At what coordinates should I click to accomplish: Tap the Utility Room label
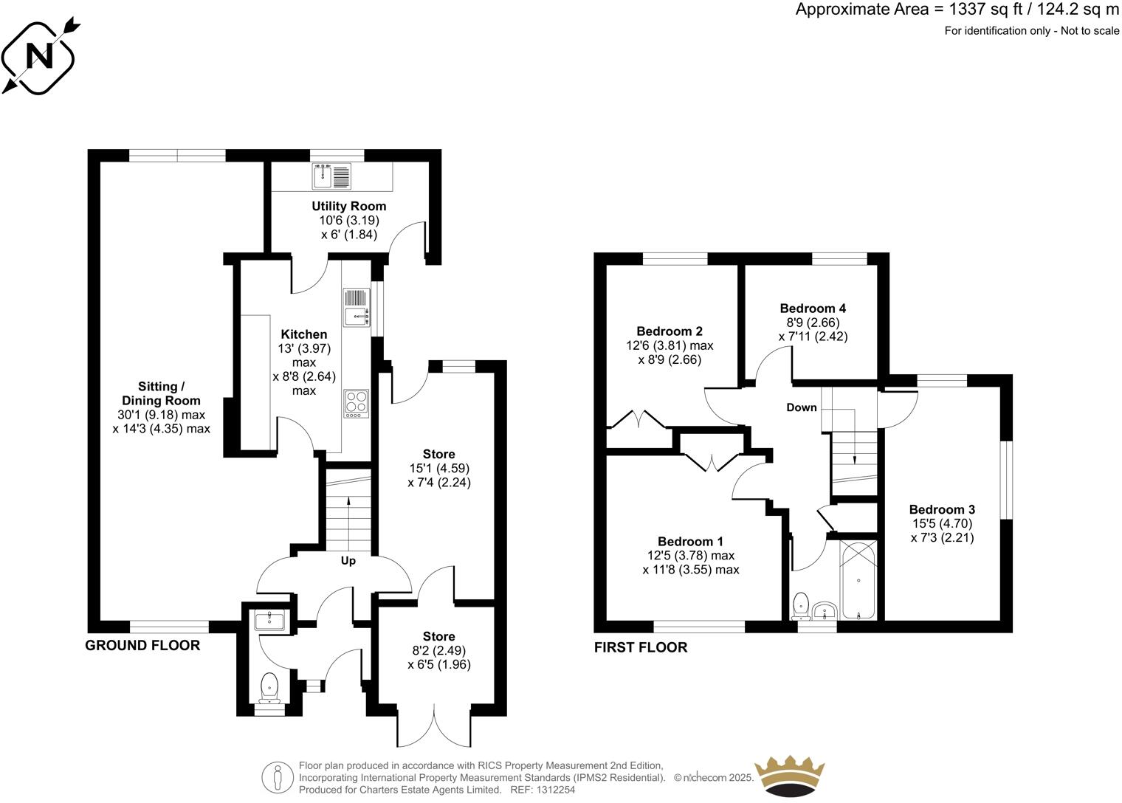348,206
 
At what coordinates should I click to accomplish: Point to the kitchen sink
356,306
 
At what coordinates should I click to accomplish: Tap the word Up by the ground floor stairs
348,561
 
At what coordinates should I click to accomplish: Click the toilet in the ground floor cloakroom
269,687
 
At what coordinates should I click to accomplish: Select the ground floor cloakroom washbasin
269,620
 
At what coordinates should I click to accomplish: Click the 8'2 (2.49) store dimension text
438,650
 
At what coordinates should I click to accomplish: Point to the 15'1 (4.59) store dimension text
438,468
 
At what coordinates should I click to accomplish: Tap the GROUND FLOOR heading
142,645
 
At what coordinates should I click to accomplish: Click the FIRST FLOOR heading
641,647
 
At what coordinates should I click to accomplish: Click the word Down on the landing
802,407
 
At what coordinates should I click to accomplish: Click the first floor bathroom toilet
799,607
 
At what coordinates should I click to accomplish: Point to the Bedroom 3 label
942,509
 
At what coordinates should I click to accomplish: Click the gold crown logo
788,776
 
